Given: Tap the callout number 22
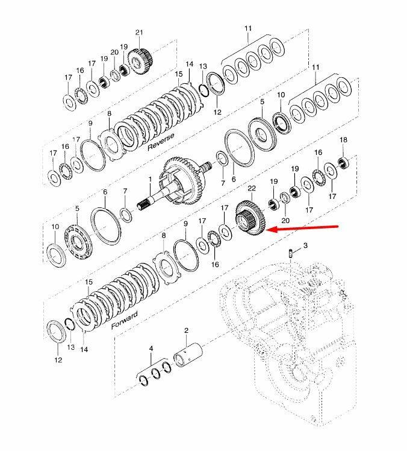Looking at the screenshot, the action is [252, 188].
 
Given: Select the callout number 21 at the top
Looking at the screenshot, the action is [139, 33].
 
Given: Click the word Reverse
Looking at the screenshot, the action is [161, 142].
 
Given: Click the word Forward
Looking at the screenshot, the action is [125, 320].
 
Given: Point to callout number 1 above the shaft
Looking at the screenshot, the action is [150, 180].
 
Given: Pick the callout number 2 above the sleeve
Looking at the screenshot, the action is [186, 331].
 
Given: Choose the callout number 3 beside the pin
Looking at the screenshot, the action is [305, 245].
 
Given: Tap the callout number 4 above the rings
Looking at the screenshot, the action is [151, 349].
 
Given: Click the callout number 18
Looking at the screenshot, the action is [343, 140].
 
